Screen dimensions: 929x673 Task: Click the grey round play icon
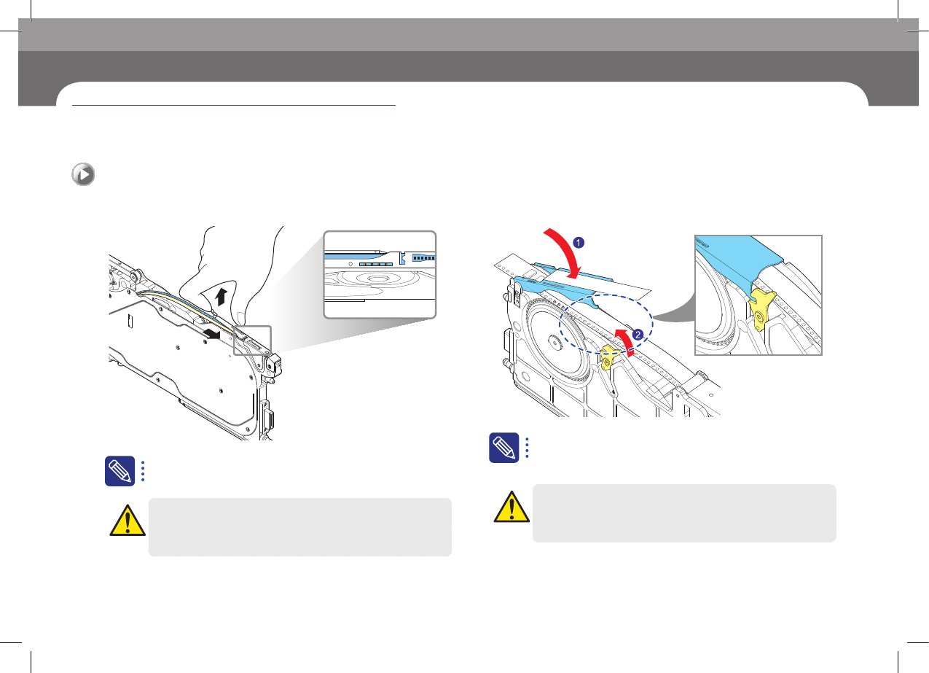click(x=83, y=174)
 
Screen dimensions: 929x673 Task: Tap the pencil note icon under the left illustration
click(x=119, y=471)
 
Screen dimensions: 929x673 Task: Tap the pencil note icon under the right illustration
click(x=504, y=448)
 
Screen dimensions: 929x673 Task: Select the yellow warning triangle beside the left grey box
click(x=128, y=521)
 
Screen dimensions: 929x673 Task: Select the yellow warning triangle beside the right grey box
click(x=511, y=506)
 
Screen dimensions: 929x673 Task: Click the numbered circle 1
click(x=579, y=243)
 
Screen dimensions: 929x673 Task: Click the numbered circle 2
click(x=638, y=335)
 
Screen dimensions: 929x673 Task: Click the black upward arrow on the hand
click(x=222, y=297)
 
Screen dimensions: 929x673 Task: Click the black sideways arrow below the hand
click(x=212, y=333)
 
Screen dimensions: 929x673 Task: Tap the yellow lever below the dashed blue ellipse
click(x=609, y=357)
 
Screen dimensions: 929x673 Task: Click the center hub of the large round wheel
click(x=554, y=342)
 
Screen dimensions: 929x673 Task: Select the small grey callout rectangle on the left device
click(x=253, y=341)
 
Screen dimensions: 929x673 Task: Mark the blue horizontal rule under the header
click(x=234, y=106)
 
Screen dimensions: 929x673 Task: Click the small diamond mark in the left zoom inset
click(x=350, y=264)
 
